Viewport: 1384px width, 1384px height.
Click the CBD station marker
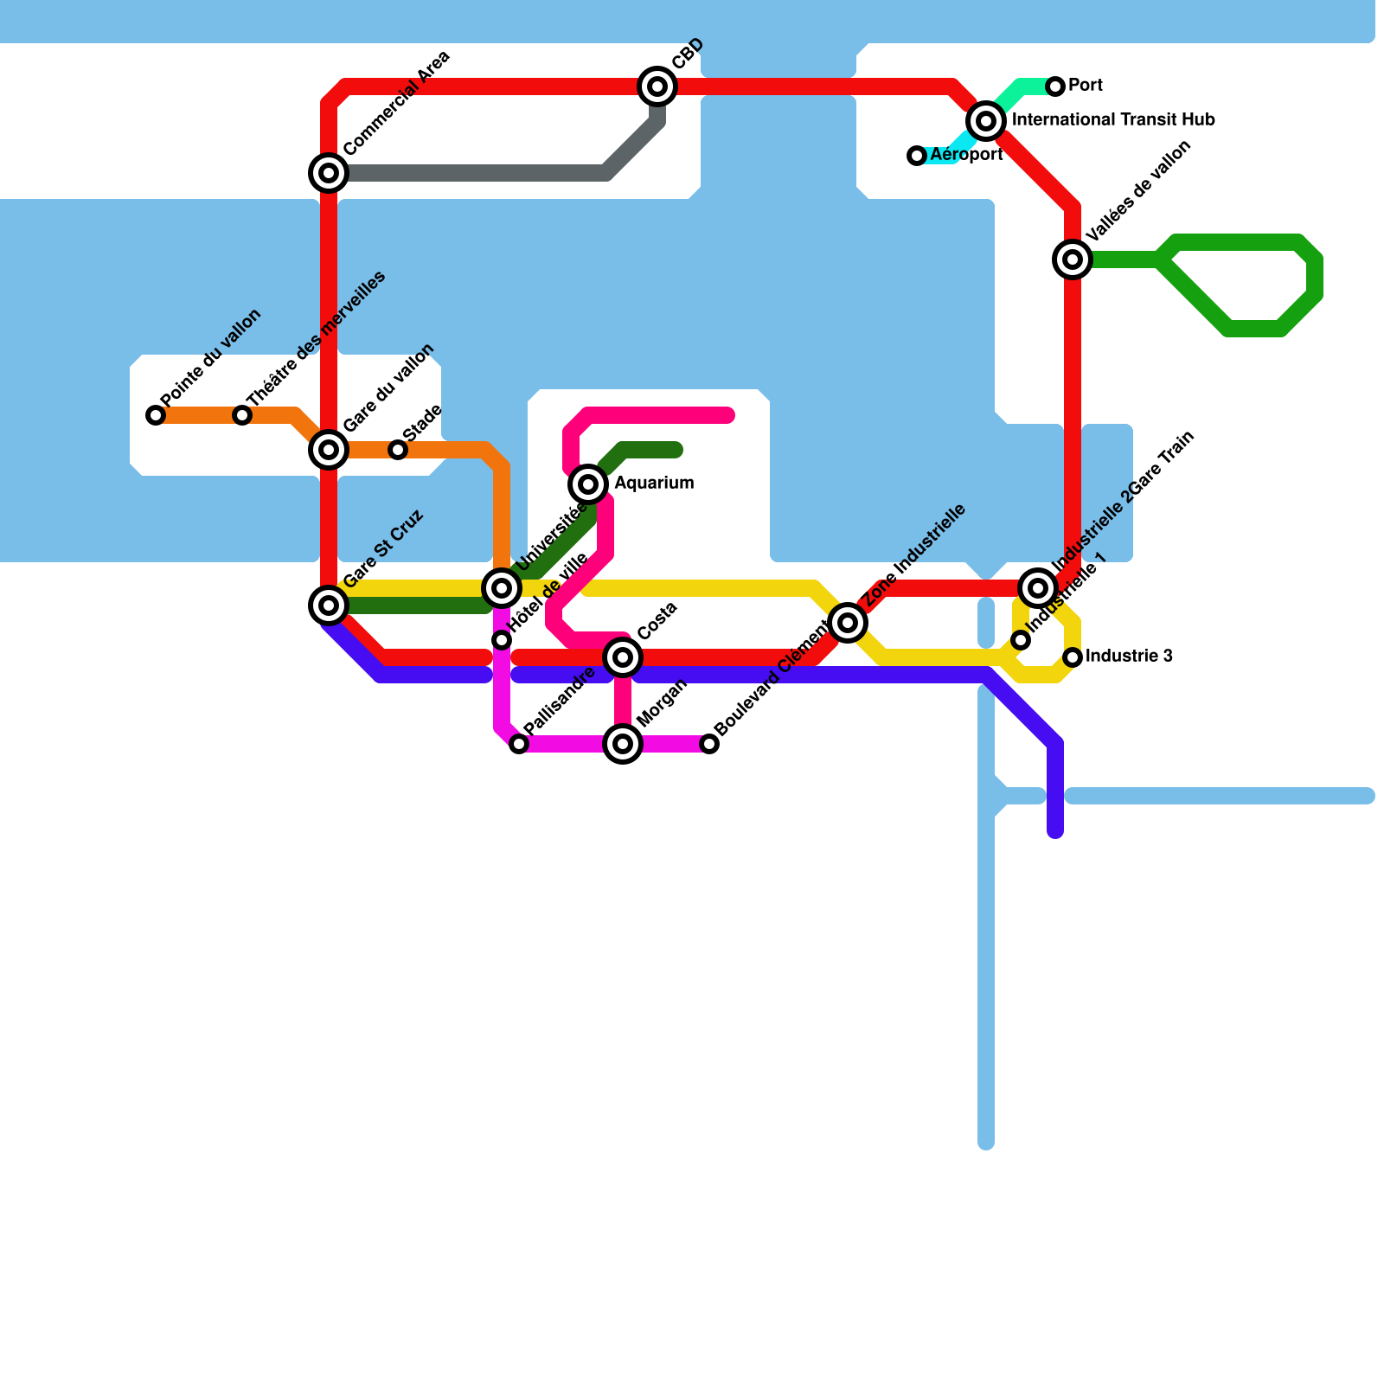click(657, 86)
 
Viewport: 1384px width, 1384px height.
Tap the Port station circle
click(1055, 86)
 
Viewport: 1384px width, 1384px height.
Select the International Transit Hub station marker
click(986, 121)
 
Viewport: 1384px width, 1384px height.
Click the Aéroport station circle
click(917, 156)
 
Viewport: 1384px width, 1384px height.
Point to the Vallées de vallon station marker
click(1073, 259)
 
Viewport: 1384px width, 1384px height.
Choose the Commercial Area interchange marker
click(329, 173)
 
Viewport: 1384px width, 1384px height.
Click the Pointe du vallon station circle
click(156, 415)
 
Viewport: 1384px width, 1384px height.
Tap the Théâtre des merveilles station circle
click(242, 415)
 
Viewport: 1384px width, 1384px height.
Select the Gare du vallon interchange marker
click(329, 450)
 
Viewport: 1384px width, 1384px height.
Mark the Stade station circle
click(398, 450)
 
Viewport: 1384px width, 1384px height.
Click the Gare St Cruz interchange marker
click(329, 605)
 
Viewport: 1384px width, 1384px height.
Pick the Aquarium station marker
click(588, 484)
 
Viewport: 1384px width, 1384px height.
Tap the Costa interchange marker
click(623, 657)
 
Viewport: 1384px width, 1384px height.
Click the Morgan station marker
click(623, 744)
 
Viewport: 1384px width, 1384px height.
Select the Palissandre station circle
click(519, 744)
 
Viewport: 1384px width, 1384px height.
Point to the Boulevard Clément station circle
click(709, 744)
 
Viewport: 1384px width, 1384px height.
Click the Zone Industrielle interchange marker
click(848, 622)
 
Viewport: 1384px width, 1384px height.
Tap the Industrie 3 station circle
click(1073, 657)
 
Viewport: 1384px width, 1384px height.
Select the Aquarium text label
click(654, 484)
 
